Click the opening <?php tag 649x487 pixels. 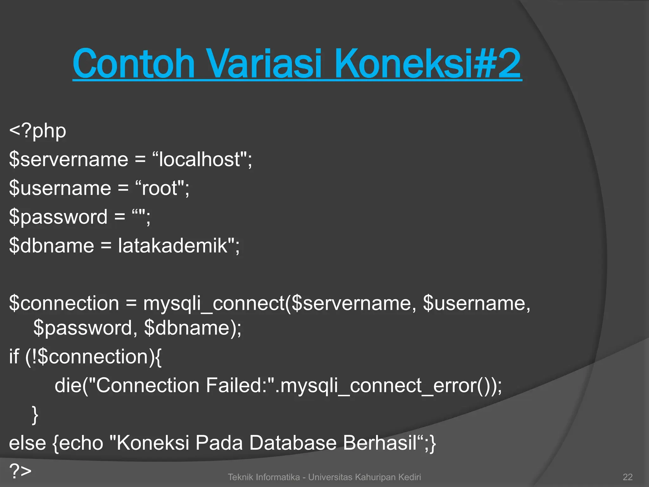click(x=38, y=131)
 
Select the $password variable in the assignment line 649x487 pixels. click(x=58, y=217)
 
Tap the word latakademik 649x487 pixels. click(x=173, y=246)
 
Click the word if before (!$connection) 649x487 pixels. click(x=14, y=357)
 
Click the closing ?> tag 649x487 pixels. click(x=20, y=471)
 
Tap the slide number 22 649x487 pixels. click(x=627, y=477)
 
